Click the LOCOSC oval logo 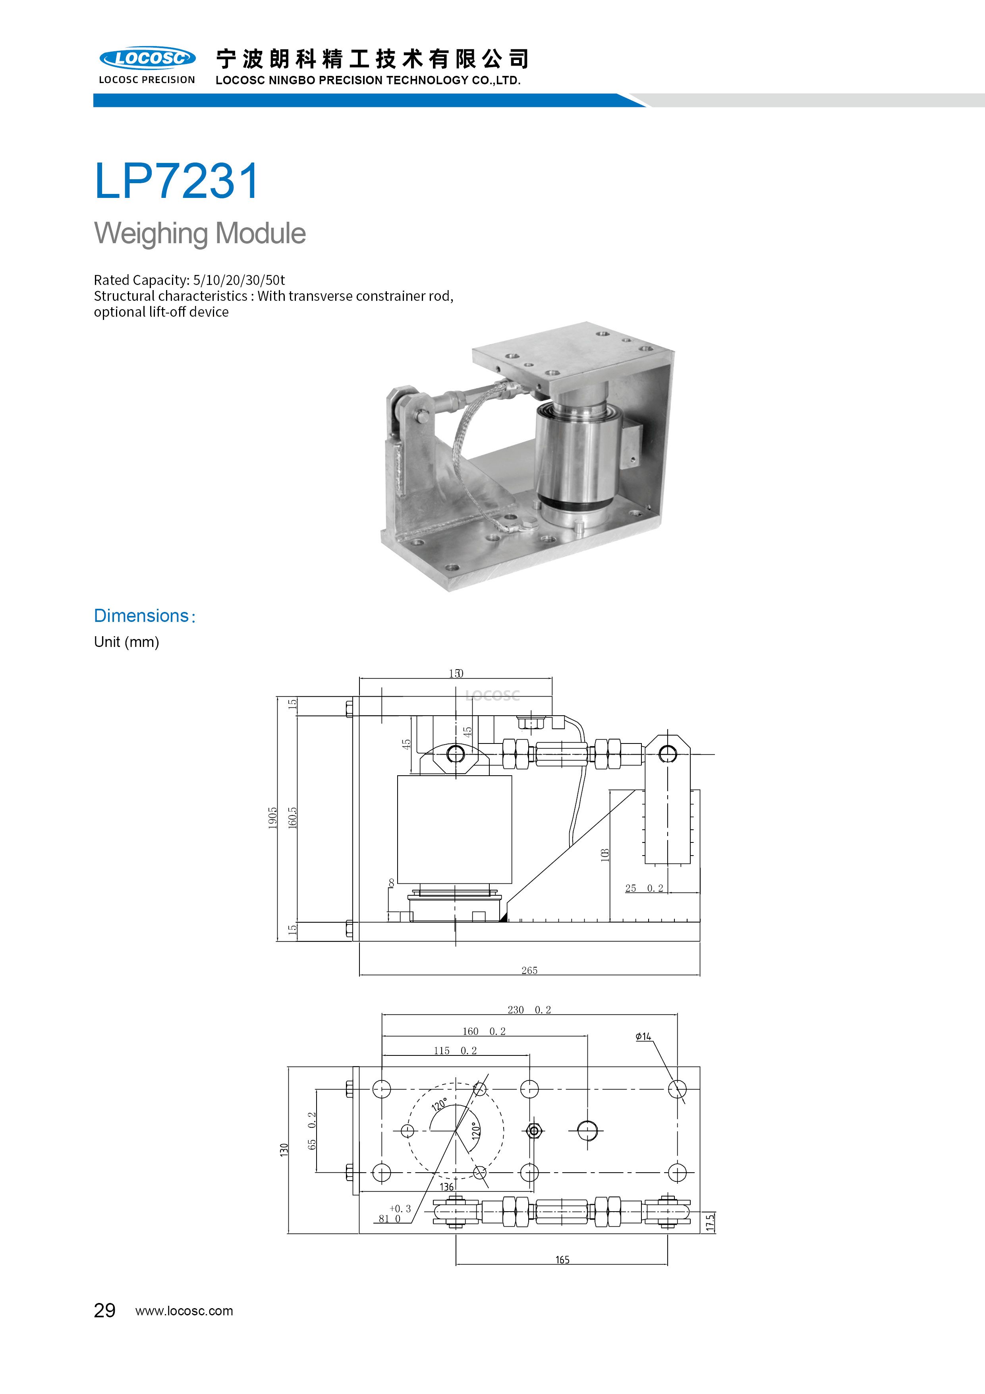[x=147, y=58]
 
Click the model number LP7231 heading [x=177, y=180]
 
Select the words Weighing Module [x=200, y=234]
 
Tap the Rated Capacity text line [x=189, y=280]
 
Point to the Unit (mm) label [x=126, y=642]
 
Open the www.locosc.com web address [x=184, y=1311]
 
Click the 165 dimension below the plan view [x=562, y=1260]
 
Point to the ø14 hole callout [x=643, y=1036]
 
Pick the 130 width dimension [x=284, y=1149]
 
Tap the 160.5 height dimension [x=293, y=818]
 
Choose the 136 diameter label [x=447, y=1186]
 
